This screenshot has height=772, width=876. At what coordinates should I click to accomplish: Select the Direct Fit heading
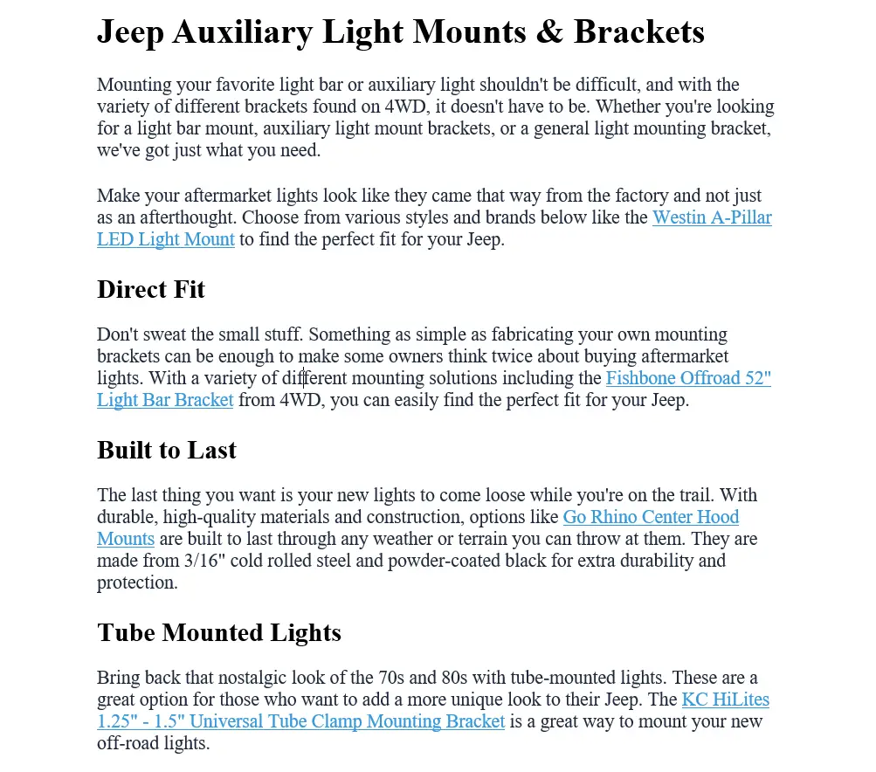click(x=151, y=289)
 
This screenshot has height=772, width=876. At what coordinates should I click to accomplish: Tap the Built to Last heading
click(x=167, y=450)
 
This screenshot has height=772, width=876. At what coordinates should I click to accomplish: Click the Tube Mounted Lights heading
click(x=219, y=632)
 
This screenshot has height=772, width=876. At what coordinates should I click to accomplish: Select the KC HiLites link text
click(x=726, y=700)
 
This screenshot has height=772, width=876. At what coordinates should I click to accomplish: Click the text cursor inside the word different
click(x=304, y=379)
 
